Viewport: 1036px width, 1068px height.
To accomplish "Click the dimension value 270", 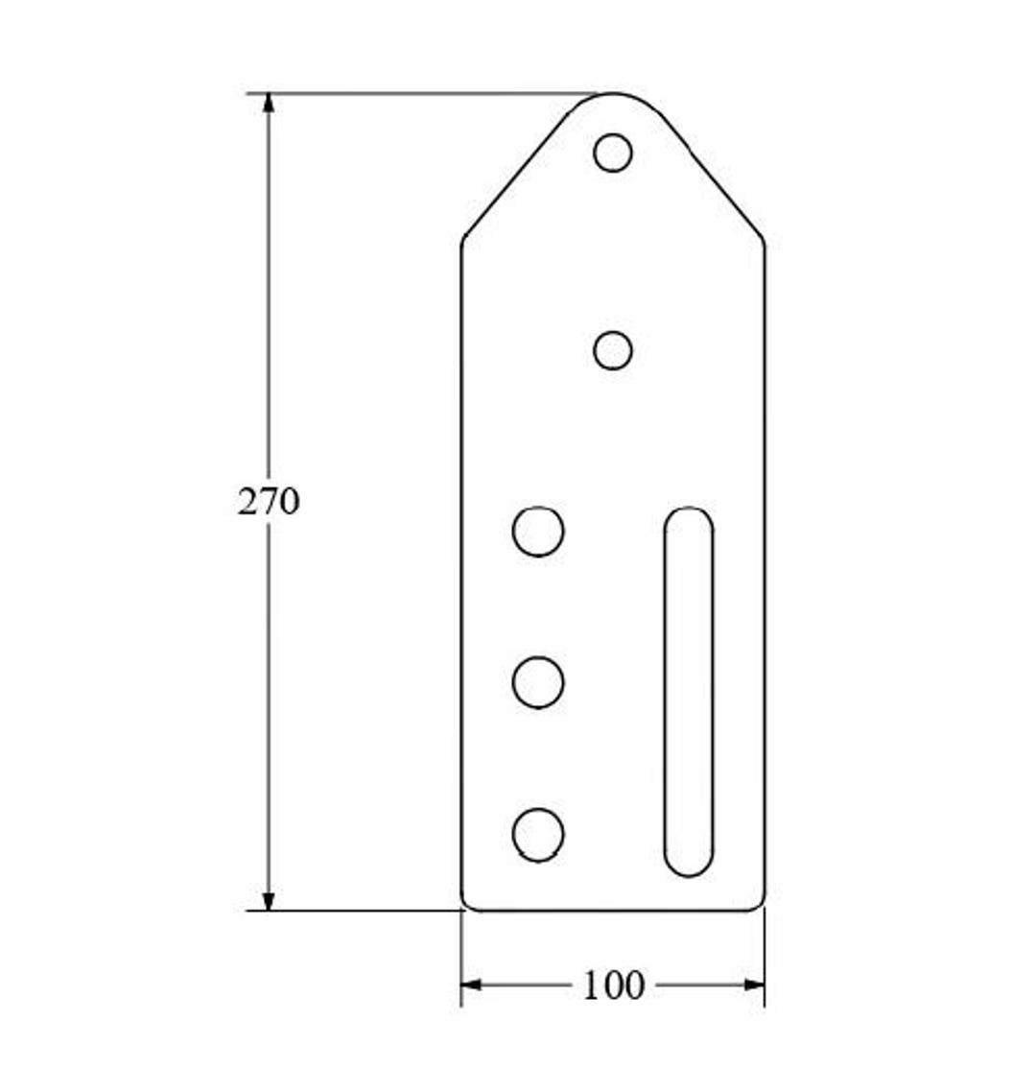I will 269,502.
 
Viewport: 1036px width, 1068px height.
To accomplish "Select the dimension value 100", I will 613,985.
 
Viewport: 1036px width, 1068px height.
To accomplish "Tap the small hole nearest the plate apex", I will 613,153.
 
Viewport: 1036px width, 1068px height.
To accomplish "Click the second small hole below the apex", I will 613,350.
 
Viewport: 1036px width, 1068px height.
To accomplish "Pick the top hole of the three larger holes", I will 538,532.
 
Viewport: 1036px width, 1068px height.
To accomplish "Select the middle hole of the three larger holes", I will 538,682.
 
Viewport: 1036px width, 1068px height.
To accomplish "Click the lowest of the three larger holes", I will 538,835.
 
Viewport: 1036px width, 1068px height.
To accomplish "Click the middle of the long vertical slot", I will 689,691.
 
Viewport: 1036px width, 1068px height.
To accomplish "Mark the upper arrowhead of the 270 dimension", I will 269,103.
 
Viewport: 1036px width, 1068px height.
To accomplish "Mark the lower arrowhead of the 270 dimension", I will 269,901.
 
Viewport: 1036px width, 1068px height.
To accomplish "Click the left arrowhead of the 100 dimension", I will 471,985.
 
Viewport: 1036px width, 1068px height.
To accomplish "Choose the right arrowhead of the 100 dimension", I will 755,985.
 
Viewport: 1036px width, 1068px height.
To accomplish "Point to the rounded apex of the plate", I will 613,94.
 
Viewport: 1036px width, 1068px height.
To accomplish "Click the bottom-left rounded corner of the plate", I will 467,904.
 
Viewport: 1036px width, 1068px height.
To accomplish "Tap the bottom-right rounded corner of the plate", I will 760,904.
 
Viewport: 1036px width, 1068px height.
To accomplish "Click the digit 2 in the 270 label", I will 247,502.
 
